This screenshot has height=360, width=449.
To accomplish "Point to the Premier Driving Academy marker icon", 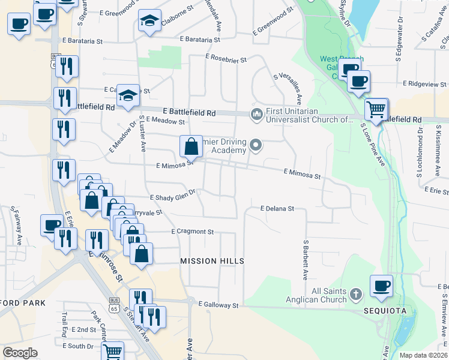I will [257, 145].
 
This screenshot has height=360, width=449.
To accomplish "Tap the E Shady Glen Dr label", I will [173, 196].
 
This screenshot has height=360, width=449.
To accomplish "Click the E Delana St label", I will [277, 208].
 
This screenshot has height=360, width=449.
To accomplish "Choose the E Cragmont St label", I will [192, 231].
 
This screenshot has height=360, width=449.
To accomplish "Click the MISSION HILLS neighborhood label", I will [212, 261].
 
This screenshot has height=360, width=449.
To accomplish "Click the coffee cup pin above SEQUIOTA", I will [381, 286].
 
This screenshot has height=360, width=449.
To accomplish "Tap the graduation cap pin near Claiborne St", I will [149, 21].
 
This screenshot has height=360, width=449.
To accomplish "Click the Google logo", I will [20, 353].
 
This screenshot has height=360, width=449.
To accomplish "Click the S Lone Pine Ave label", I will [372, 145].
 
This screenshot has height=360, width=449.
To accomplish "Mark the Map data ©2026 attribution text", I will [423, 355].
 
